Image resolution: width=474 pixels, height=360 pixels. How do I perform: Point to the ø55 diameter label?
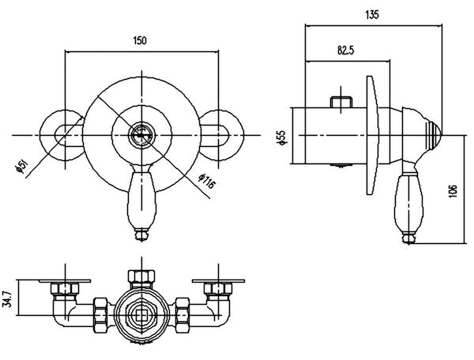[x=280, y=137]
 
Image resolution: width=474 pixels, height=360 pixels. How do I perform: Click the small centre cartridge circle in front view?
[x=141, y=134]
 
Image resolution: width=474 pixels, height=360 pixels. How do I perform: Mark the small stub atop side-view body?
[x=342, y=103]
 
